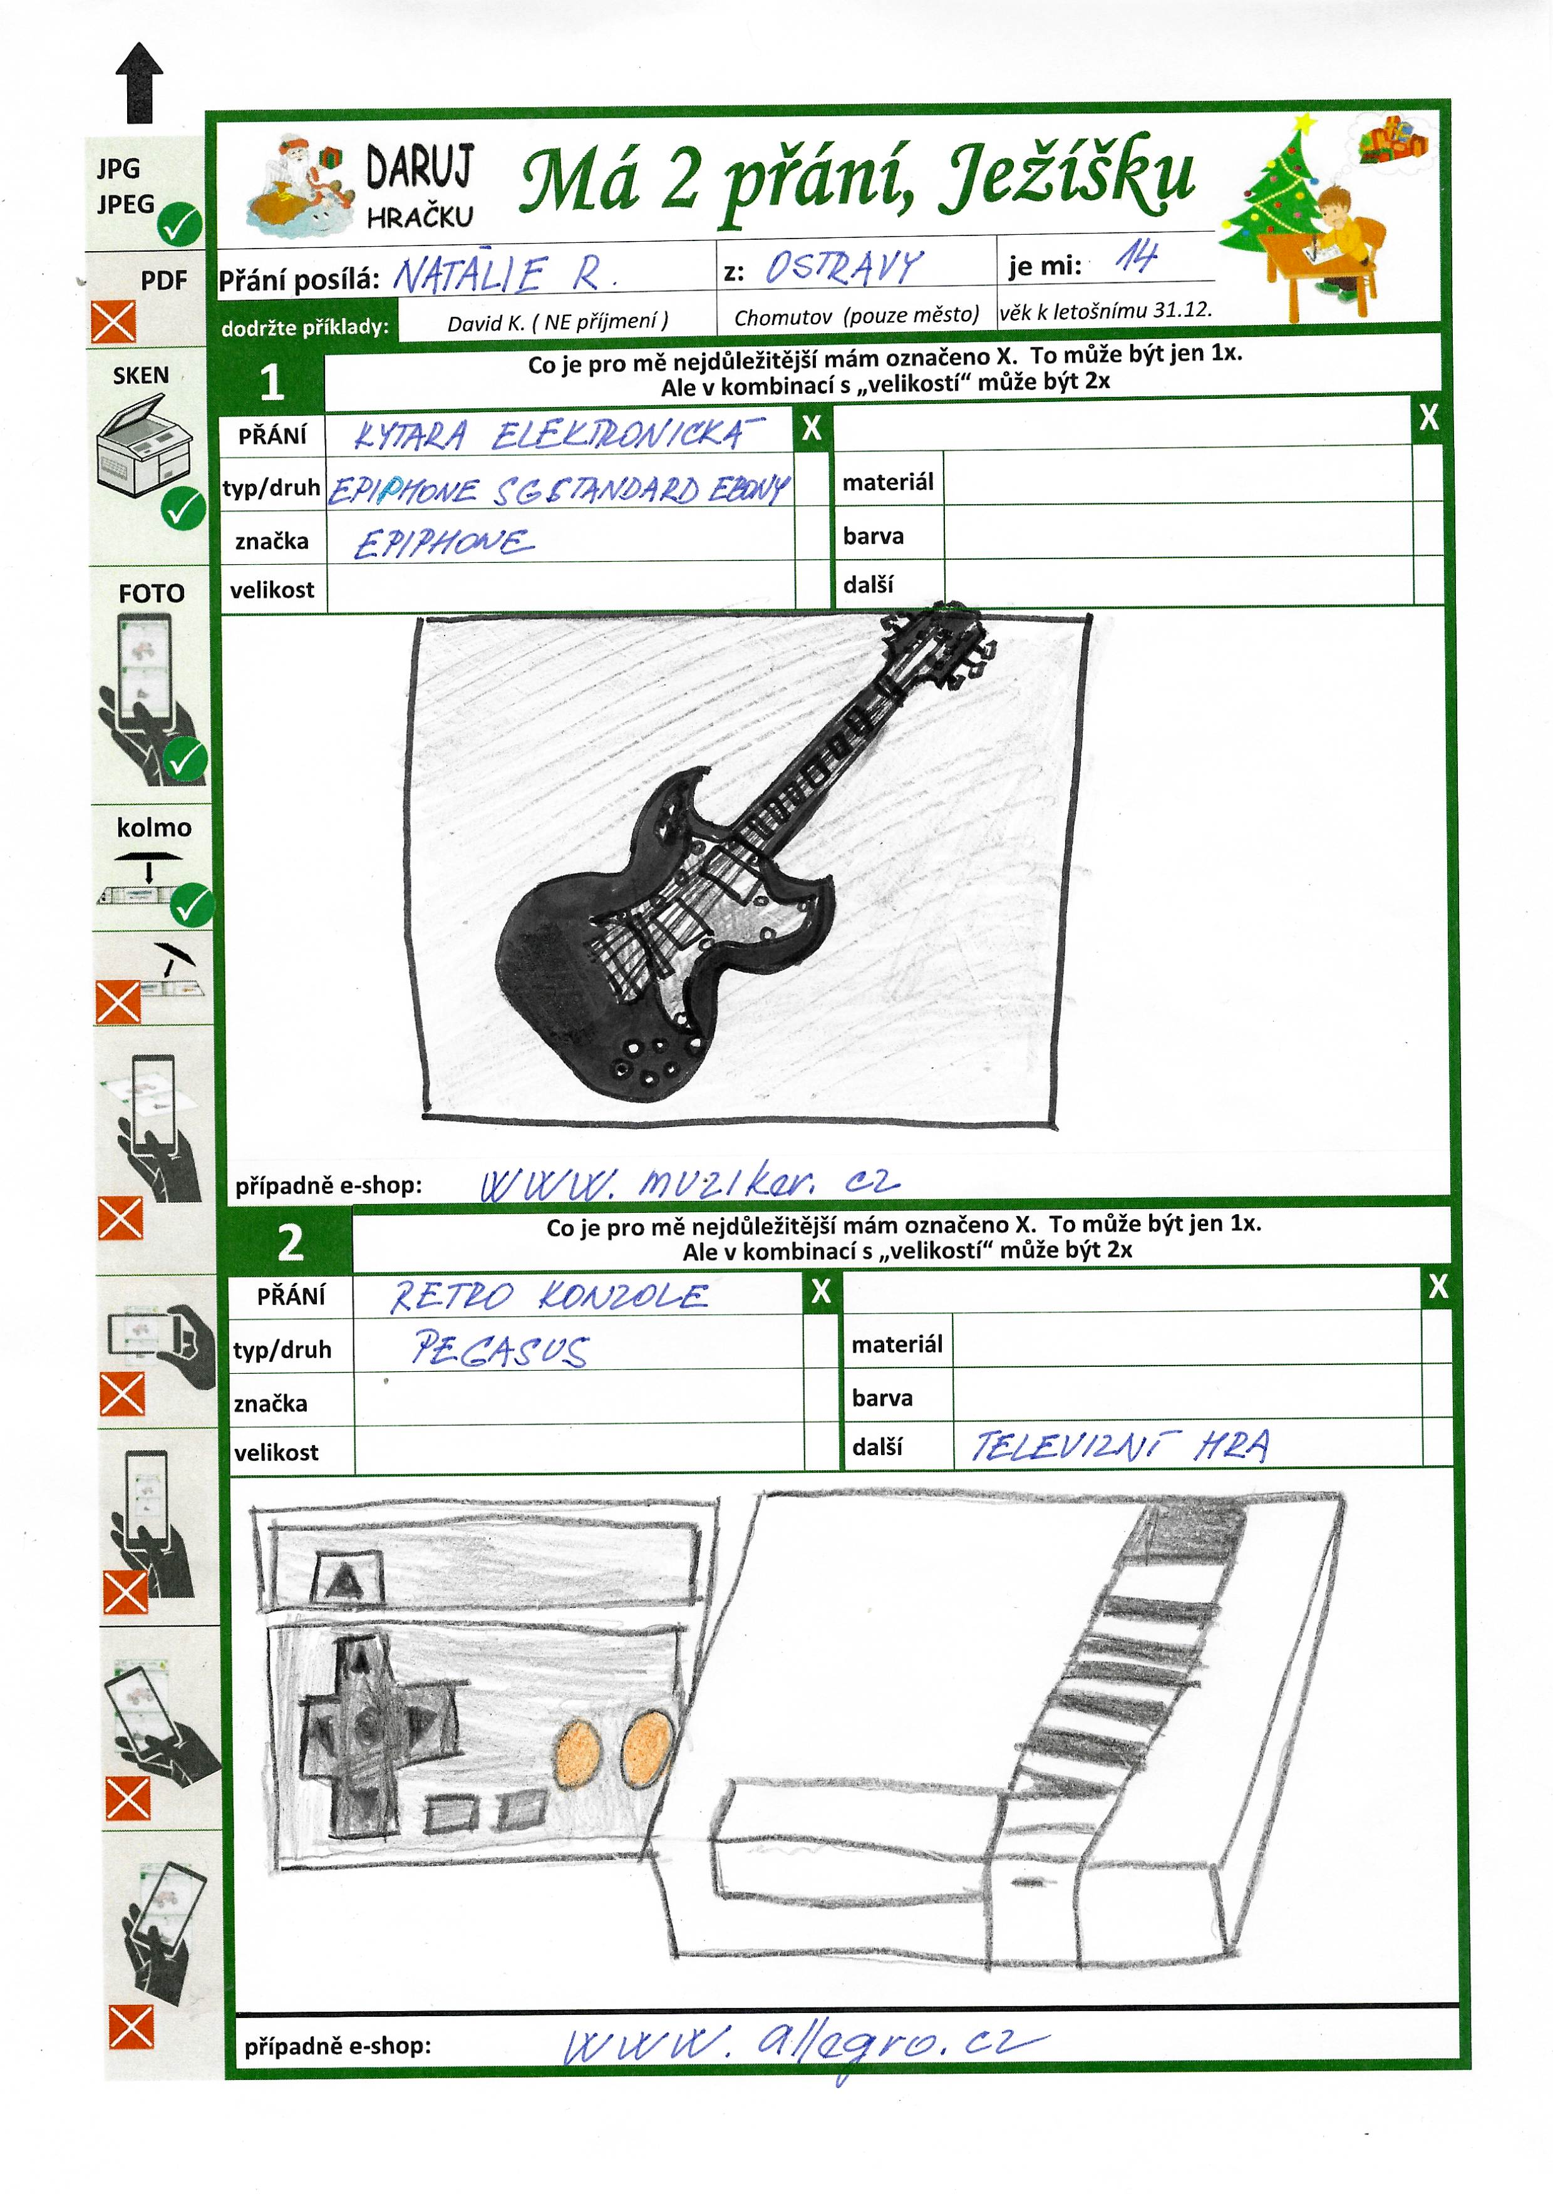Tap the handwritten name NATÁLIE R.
tap(504, 274)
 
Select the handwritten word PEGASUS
tap(500, 1349)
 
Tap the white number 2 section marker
tap(291, 1243)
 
